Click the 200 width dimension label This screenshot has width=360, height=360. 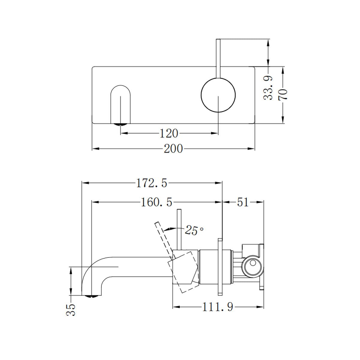pos(173,148)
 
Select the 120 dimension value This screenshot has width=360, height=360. pos(169,133)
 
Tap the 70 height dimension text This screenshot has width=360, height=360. pos(283,94)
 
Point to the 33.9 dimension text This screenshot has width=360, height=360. pos(268,88)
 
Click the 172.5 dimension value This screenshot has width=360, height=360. pos(151,183)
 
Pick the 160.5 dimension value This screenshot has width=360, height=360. pos(157,202)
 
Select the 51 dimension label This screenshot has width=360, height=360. pos(243,202)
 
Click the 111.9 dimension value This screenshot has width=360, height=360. pos(217,307)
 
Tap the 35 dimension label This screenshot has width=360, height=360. pos(71,309)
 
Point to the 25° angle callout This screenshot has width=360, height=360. pos(194,230)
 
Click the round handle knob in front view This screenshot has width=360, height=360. pos(218,94)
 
